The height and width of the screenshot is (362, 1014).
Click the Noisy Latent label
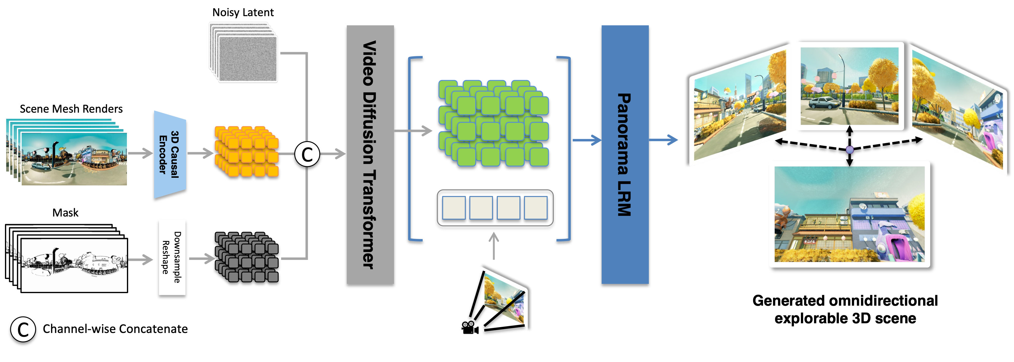243,13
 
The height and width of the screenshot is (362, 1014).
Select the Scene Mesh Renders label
71,109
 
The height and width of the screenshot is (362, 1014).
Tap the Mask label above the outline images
65,213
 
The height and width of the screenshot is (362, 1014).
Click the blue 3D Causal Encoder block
170,154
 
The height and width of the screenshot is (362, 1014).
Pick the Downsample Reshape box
172,258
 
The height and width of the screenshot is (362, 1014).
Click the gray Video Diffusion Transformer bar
370,154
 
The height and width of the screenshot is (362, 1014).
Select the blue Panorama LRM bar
625,154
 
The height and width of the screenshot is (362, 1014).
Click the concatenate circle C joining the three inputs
307,154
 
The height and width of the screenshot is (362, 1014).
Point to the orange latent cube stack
247,151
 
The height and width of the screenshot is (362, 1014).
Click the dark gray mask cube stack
247,257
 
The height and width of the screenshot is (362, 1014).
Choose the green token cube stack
494,123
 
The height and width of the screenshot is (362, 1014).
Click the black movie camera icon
470,328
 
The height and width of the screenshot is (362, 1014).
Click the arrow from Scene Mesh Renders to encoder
140,153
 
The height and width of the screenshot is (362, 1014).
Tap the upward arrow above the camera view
494,246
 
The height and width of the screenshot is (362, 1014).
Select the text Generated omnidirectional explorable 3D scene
845,309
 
